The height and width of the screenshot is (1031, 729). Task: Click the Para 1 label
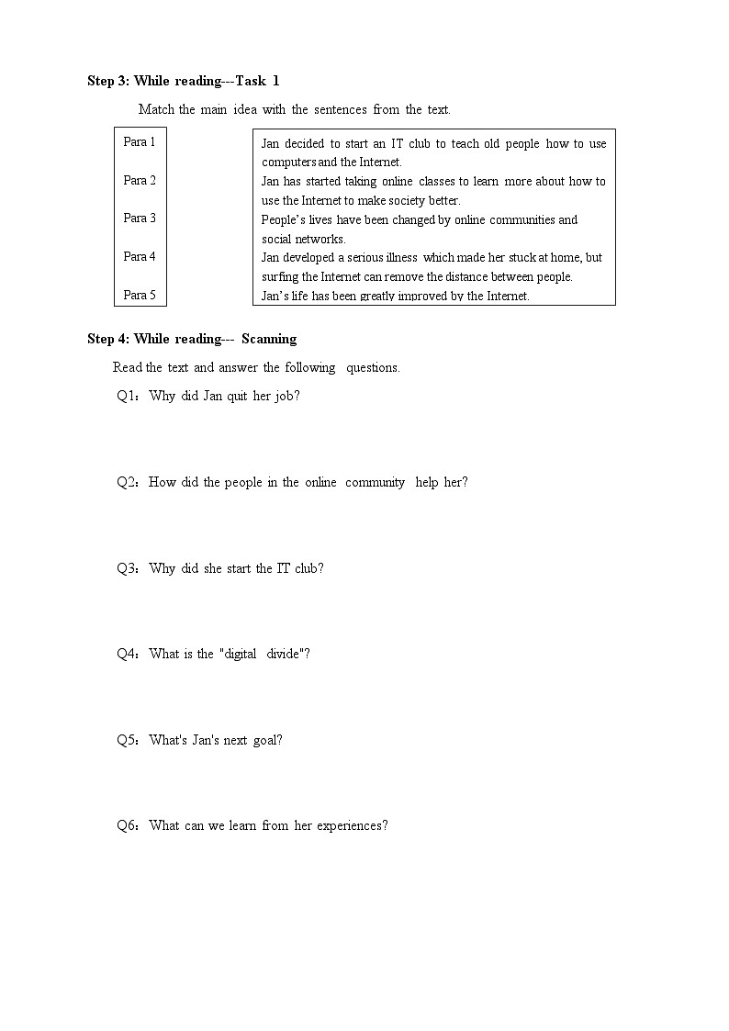click(x=140, y=142)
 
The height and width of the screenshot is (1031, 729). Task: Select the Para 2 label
click(x=140, y=181)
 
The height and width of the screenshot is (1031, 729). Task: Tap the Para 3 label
click(x=140, y=219)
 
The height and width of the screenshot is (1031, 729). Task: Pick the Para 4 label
click(x=140, y=257)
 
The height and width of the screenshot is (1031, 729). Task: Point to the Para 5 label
click(x=140, y=296)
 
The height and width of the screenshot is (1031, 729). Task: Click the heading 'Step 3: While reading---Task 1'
click(x=184, y=82)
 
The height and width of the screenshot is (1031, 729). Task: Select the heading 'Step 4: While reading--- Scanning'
click(x=192, y=340)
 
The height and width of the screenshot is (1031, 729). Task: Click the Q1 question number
click(x=126, y=397)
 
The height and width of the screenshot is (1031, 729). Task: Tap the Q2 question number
click(x=126, y=483)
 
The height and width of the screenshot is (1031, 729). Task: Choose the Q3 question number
click(x=126, y=568)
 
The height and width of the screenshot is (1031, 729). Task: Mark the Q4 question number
click(x=126, y=655)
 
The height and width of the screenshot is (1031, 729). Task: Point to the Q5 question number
click(x=126, y=741)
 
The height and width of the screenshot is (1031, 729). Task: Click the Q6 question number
click(x=126, y=826)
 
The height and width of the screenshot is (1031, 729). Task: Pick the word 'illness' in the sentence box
click(x=396, y=258)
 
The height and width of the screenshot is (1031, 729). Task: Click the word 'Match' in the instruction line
click(x=156, y=110)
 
